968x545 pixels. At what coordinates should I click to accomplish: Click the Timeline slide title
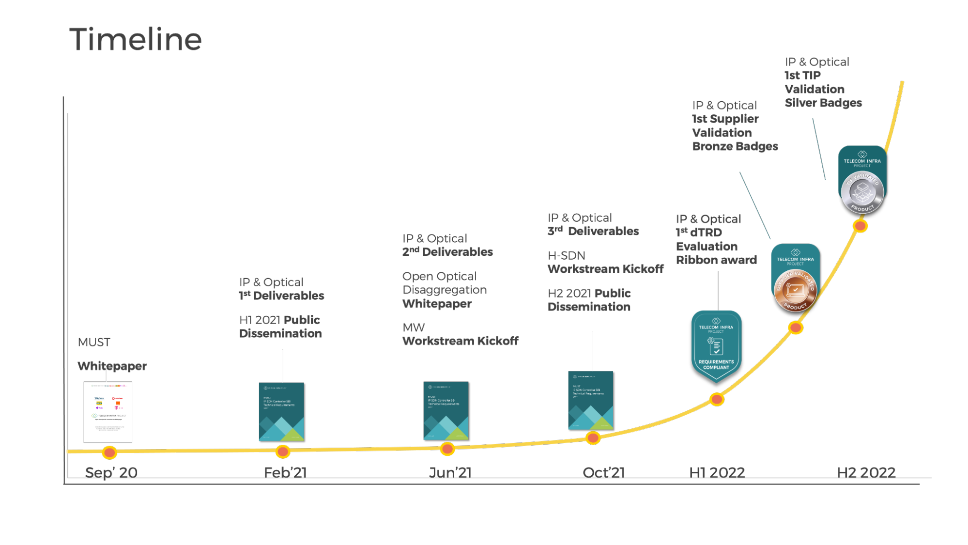coord(136,39)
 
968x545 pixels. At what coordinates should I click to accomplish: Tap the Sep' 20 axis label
coord(111,472)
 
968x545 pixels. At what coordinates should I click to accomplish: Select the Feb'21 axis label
coord(285,472)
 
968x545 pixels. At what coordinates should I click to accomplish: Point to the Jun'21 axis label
coord(450,472)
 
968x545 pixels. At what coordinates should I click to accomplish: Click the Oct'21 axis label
coord(603,472)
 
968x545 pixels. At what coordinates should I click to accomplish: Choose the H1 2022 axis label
coord(717,472)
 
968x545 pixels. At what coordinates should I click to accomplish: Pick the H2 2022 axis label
coord(866,472)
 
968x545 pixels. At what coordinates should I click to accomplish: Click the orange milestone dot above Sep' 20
coord(109,452)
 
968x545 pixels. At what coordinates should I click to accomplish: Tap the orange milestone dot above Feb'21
coord(282,452)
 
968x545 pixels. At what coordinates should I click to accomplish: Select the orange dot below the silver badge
coord(860,226)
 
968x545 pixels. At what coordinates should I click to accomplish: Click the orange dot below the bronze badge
coord(796,328)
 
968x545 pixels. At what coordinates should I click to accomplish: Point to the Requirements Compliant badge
coord(716,345)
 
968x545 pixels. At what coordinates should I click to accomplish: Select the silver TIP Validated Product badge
coord(862,179)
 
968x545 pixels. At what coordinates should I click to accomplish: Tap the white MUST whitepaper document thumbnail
coord(108,412)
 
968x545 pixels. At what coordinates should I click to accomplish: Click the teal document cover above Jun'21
coord(446,410)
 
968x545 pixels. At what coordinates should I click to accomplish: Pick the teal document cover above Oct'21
coord(590,400)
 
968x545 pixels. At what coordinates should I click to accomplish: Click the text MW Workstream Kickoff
coord(460,334)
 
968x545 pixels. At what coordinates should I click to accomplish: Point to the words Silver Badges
coord(823,103)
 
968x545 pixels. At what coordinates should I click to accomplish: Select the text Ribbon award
coord(716,260)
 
